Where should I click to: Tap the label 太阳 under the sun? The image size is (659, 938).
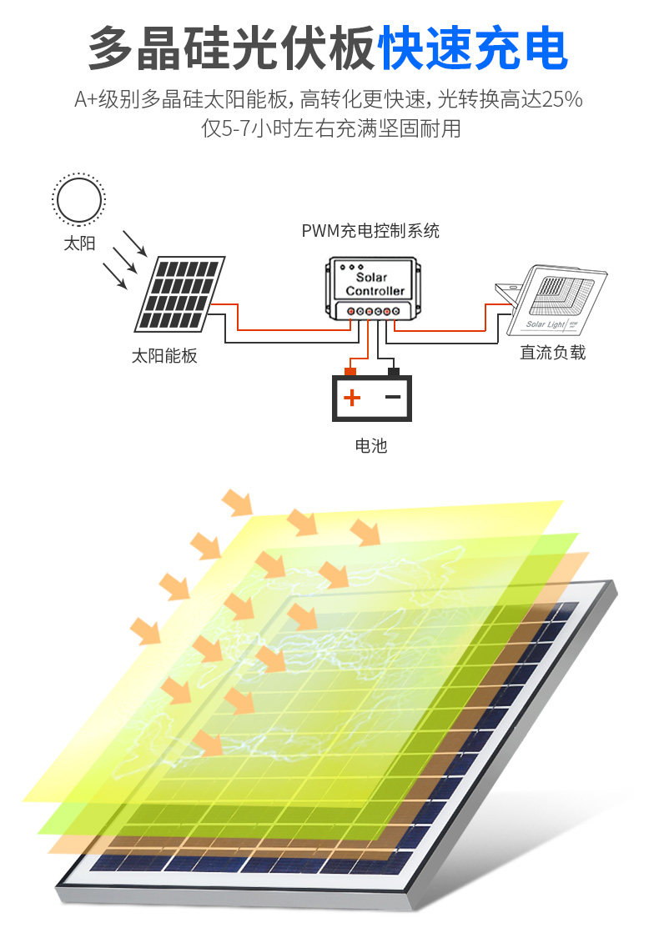pos(79,243)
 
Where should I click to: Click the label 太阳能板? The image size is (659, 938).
pos(164,355)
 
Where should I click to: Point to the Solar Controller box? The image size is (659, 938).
pos(372,288)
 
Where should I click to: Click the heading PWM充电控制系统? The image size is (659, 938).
pos(370,231)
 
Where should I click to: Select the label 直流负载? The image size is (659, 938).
pos(552,353)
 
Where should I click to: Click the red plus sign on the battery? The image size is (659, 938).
pos(352,398)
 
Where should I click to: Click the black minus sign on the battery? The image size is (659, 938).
pos(393,398)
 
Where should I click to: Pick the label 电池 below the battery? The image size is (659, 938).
pos(371,446)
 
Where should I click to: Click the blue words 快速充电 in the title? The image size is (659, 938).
pos(473,49)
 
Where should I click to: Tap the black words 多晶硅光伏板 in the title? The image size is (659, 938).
pos(231,49)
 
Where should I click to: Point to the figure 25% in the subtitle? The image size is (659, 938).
pos(561,100)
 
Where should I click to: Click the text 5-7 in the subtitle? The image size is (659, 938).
pos(233,129)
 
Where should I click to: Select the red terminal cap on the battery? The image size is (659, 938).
pos(350,371)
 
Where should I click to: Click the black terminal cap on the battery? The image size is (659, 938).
pos(393,371)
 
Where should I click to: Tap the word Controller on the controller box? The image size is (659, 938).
pos(375,291)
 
